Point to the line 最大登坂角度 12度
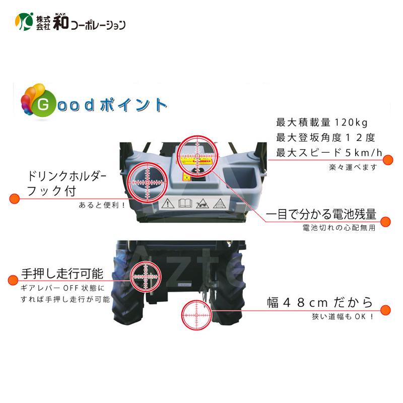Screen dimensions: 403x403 325,138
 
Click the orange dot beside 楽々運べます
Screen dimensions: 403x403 388,160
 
